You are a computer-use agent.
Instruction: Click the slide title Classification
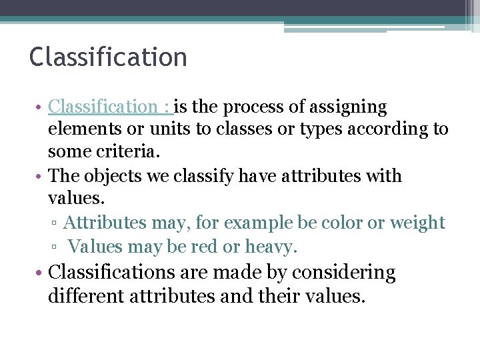point(108,57)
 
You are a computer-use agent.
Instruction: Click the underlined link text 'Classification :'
point(110,107)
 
